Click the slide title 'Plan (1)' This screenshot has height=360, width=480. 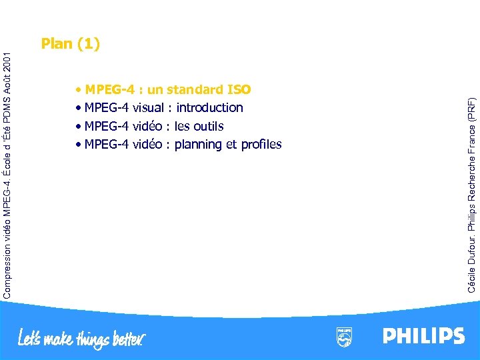(x=70, y=44)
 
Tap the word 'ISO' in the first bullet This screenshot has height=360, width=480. (x=239, y=89)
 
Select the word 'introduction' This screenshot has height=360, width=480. (x=209, y=107)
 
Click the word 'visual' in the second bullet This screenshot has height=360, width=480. (x=148, y=107)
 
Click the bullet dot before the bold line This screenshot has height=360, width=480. (x=79, y=89)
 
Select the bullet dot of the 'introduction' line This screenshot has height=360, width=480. (x=79, y=108)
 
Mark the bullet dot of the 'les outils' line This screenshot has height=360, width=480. (x=79, y=127)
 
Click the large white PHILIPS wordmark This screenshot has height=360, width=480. (x=423, y=336)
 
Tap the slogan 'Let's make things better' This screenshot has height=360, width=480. (x=81, y=337)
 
